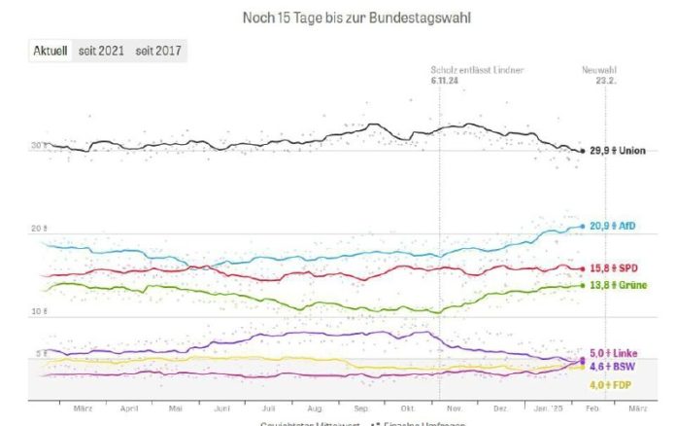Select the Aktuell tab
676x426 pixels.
coord(49,51)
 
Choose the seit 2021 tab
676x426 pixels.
coord(101,51)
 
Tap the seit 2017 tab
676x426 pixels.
coord(159,51)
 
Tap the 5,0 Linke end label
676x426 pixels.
coord(614,354)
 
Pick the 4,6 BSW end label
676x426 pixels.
coord(613,369)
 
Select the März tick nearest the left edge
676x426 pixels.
coord(83,409)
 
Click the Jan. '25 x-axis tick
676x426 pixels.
coord(551,409)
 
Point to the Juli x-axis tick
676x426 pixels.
coord(269,409)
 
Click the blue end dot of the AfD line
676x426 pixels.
coord(582,226)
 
